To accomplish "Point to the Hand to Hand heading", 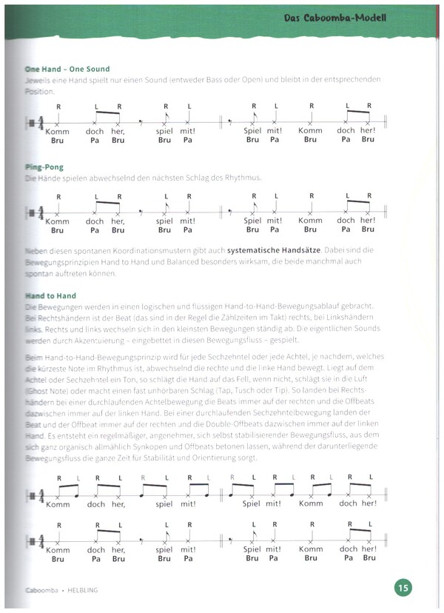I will [50, 296].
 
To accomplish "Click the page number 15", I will [402, 588].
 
